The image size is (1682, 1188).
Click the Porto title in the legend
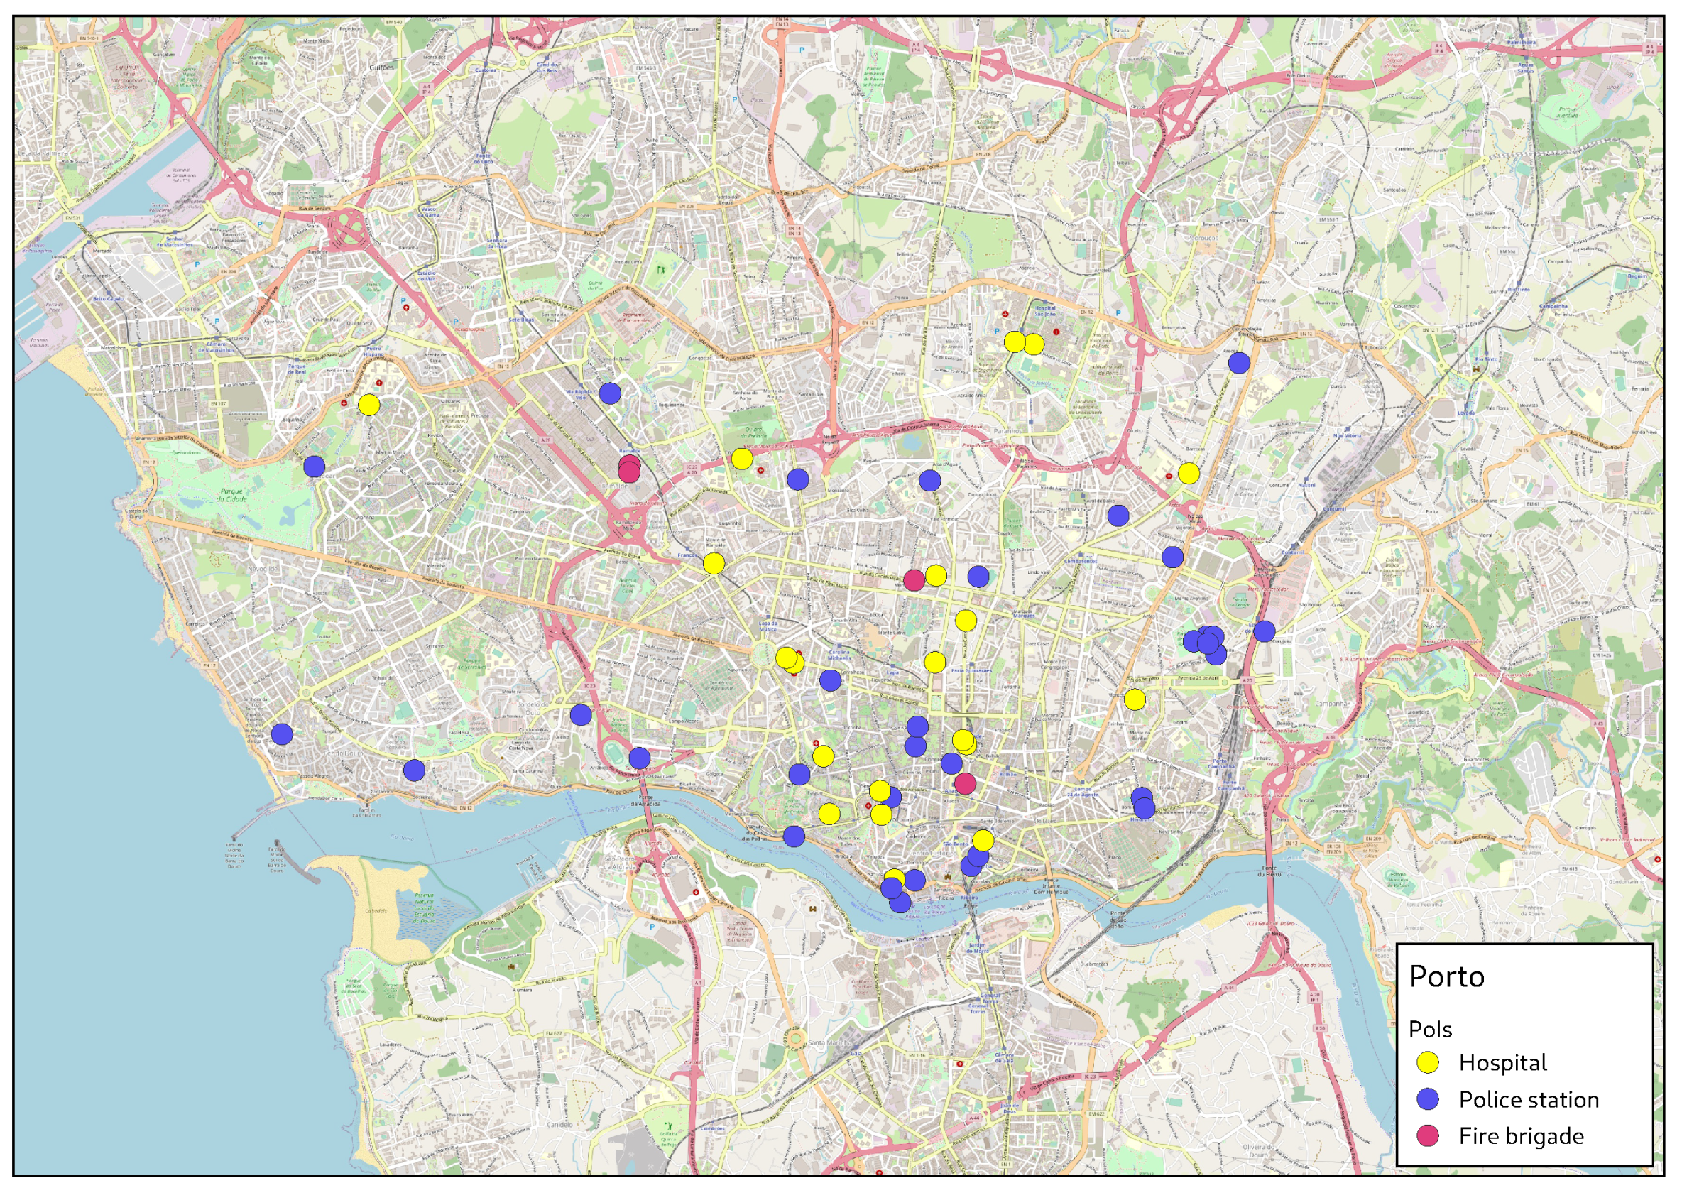click(x=1446, y=977)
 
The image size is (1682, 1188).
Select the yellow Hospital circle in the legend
click(x=1428, y=1063)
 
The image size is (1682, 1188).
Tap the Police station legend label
click(x=1528, y=1099)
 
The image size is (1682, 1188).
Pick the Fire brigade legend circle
click(x=1428, y=1136)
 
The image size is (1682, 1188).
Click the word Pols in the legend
click(x=1429, y=1030)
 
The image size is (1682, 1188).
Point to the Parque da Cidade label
click(x=231, y=495)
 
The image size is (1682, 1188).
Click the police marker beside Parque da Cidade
click(x=315, y=467)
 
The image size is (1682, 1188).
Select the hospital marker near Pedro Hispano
click(x=368, y=405)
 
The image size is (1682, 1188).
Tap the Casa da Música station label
click(x=767, y=626)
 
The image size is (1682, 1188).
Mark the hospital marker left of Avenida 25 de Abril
click(x=1134, y=700)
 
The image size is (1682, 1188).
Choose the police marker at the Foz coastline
click(x=282, y=734)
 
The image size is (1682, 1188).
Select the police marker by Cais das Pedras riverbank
click(x=793, y=836)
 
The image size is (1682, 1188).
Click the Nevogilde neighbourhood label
click(x=263, y=569)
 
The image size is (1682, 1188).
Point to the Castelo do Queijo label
click(x=136, y=513)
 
